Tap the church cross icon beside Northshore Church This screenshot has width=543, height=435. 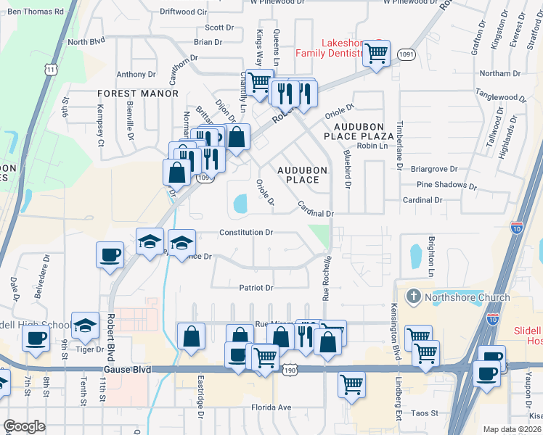tap(413, 296)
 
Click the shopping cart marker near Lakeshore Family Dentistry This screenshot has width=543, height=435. tap(376, 53)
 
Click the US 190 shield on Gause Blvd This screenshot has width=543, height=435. tap(289, 370)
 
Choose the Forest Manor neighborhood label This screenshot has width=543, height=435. tap(138, 94)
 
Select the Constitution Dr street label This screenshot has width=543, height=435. tap(246, 233)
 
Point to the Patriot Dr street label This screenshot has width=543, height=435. tap(256, 288)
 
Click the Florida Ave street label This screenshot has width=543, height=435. tap(270, 407)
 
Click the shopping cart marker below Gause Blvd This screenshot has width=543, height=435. tap(352, 384)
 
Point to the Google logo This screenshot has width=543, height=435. tap(24, 426)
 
